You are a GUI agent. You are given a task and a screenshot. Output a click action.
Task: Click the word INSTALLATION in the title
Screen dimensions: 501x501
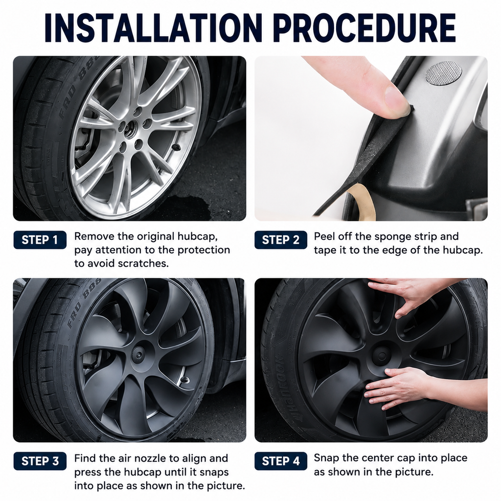[153, 28]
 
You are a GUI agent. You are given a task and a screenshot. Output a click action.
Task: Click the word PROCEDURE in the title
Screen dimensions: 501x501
[364, 28]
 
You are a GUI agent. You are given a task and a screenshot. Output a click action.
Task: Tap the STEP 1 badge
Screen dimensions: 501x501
[40, 240]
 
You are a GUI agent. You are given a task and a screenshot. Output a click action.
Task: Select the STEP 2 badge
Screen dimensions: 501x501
[280, 240]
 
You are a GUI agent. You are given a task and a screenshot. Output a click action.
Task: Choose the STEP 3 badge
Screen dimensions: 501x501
[40, 461]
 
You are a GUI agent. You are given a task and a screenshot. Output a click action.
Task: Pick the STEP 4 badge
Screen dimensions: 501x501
[280, 461]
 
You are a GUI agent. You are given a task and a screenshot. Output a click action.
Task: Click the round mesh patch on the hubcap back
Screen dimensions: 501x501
[443, 73]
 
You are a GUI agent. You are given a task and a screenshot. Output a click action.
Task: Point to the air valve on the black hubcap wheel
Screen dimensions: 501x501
[184, 380]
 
